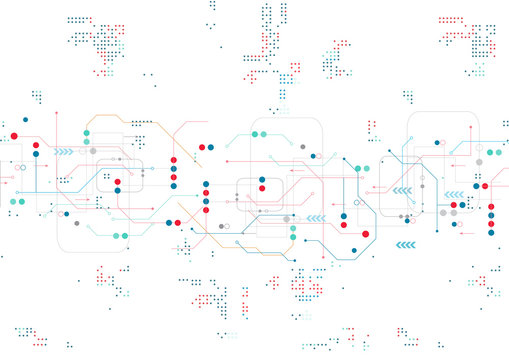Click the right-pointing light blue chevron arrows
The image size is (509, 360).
pos(65,152)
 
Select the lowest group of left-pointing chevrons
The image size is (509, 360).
pos(406,244)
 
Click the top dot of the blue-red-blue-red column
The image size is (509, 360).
pos(206,184)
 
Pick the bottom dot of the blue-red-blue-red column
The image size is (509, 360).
pos(206,210)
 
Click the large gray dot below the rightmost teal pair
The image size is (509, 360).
pos(479,161)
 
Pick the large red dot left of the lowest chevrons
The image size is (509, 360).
pos(365,233)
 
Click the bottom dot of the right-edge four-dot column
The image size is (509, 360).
pos(490,233)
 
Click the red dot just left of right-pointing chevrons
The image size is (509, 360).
pos(37,146)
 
